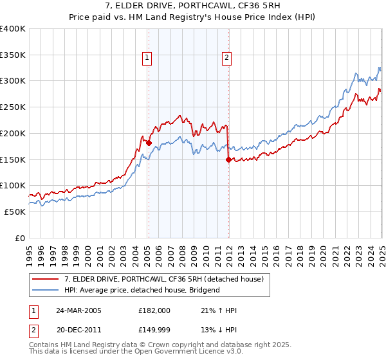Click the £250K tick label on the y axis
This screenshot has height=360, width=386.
click(x=12, y=107)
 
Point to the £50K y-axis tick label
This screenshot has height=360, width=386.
click(x=15, y=212)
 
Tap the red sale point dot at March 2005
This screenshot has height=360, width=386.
click(x=149, y=143)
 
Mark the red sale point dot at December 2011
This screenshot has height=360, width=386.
click(x=228, y=160)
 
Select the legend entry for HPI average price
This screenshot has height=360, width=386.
click(x=142, y=290)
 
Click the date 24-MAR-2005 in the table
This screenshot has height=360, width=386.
click(x=78, y=310)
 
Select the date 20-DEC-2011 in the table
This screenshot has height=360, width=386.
click(x=78, y=330)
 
